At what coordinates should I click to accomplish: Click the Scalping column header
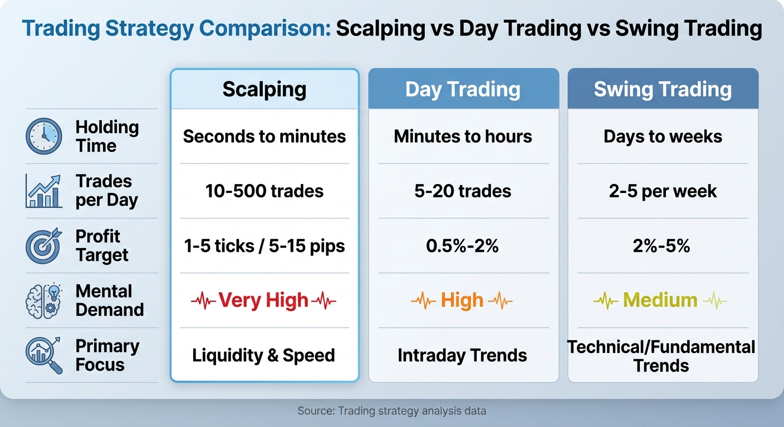[264, 90]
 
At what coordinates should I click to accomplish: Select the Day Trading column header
[463, 90]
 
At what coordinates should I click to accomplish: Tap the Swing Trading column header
[663, 90]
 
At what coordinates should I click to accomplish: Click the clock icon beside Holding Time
[44, 136]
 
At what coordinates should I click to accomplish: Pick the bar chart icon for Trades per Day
[44, 191]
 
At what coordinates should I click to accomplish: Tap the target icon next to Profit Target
[44, 246]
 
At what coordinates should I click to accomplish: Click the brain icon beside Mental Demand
[44, 300]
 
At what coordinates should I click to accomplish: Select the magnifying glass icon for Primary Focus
[44, 355]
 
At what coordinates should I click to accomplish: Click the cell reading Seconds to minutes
[264, 136]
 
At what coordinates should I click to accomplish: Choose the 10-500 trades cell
[264, 191]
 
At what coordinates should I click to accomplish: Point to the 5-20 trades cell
[463, 191]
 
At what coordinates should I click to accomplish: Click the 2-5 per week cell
[663, 191]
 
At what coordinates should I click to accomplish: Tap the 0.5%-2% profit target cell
[463, 246]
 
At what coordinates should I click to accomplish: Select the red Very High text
[263, 300]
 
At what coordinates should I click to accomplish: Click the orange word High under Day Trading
[462, 300]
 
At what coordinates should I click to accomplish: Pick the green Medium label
[660, 300]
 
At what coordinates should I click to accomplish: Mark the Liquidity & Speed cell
[263, 355]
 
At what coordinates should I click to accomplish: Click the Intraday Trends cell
[462, 355]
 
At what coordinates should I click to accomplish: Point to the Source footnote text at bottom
[391, 411]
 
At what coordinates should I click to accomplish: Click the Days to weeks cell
[663, 136]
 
